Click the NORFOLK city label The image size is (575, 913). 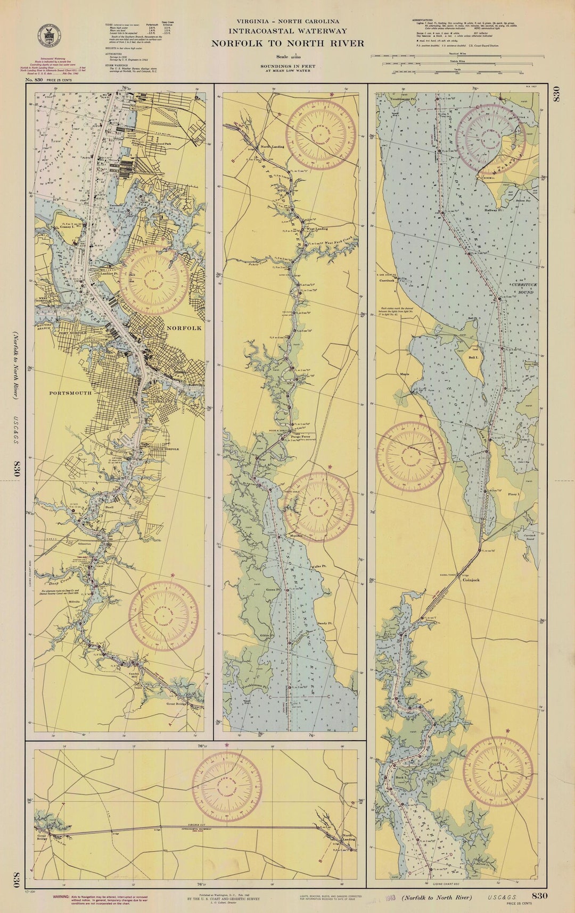coord(184,328)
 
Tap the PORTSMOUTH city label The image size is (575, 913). coord(70,393)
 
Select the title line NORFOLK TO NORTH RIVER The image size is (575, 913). coord(287,44)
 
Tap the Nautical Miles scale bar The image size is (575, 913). coord(458,56)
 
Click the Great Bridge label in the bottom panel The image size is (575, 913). coord(42,838)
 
